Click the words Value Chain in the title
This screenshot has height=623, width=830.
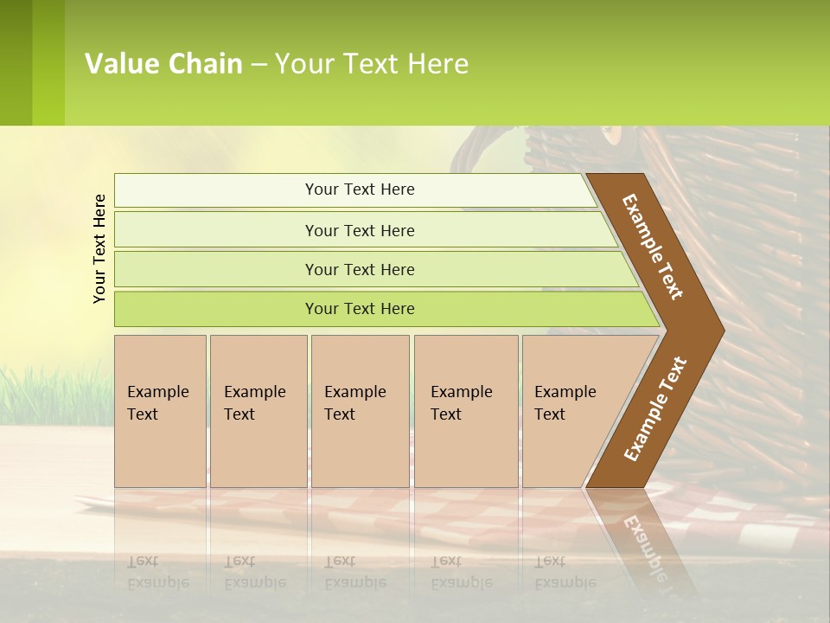tap(163, 64)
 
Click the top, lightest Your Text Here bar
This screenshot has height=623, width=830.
tap(360, 189)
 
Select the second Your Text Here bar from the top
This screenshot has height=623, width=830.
tap(360, 230)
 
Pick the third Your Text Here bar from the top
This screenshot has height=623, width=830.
tap(360, 269)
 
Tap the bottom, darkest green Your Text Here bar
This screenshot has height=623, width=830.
tap(360, 309)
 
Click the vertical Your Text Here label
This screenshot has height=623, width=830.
tap(99, 248)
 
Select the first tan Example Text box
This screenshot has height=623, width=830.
tap(160, 411)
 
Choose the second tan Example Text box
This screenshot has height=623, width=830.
tap(258, 411)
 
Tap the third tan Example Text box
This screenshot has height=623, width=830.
tap(360, 411)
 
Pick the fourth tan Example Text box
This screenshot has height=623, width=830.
tap(465, 411)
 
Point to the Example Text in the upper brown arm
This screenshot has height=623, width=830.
tap(653, 247)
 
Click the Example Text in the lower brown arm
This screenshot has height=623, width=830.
tap(654, 408)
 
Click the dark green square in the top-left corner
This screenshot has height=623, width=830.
tap(16, 62)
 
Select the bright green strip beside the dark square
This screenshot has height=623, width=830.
tap(48, 62)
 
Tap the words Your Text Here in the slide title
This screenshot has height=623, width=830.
tap(372, 64)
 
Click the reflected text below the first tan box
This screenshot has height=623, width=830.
tap(157, 572)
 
